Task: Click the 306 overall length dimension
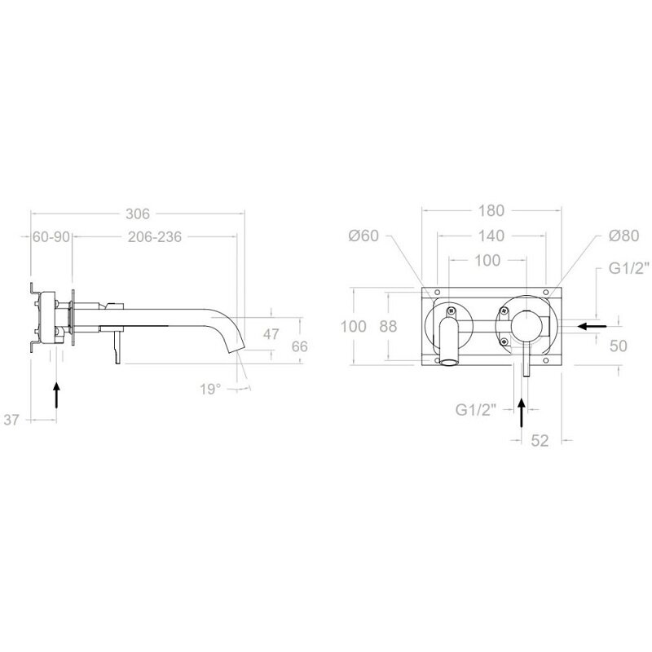(138, 214)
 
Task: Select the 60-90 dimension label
(51, 236)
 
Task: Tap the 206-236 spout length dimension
(155, 236)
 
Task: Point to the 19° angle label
(210, 390)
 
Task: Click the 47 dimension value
(271, 334)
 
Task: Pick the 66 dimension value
(299, 346)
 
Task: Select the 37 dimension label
(11, 420)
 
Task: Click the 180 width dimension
(491, 210)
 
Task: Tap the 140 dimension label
(491, 236)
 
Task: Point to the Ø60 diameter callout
(363, 236)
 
